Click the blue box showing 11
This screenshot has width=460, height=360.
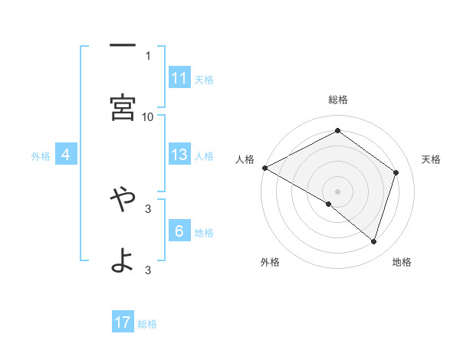[179, 78]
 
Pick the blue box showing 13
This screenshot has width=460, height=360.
[179, 155]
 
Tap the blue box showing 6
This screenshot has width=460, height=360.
[179, 231]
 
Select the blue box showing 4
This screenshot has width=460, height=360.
[66, 155]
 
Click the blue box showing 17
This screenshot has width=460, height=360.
[123, 322]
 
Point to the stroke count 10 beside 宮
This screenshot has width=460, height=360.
[148, 116]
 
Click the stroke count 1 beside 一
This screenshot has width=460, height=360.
[148, 55]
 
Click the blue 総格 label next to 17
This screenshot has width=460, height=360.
[147, 324]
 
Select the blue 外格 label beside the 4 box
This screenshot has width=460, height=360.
[41, 156]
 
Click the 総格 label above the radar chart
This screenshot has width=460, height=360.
[338, 100]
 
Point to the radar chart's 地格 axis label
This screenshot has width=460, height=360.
[402, 262]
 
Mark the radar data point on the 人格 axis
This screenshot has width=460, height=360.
[264, 168]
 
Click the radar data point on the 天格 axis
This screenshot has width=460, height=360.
[396, 172]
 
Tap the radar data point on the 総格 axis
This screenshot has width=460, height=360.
[337, 131]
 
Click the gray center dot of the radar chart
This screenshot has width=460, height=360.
[337, 191]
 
